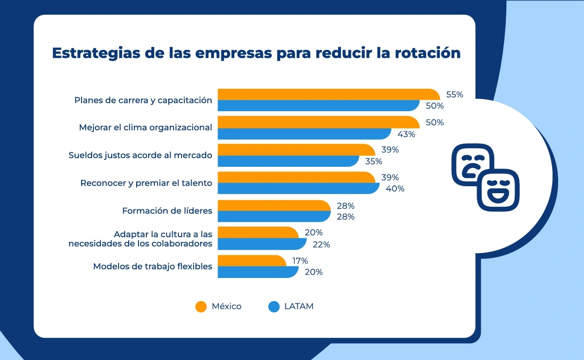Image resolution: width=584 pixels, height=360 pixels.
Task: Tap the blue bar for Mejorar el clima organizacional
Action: (303, 134)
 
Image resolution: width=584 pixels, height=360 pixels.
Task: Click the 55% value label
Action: (454, 95)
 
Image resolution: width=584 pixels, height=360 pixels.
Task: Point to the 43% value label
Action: (406, 134)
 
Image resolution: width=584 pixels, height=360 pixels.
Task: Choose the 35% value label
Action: (373, 162)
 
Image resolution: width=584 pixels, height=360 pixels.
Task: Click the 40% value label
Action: (395, 189)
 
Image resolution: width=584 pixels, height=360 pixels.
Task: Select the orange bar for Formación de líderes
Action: (273, 205)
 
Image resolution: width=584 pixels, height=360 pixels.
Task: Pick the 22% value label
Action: (320, 245)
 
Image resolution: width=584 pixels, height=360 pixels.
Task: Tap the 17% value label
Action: (300, 261)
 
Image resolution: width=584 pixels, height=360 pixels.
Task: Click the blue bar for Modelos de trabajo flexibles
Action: (257, 272)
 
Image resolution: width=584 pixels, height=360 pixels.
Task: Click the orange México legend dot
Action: (201, 306)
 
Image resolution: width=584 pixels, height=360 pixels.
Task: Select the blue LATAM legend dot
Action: (274, 306)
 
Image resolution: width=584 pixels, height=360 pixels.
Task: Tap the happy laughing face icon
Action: (498, 189)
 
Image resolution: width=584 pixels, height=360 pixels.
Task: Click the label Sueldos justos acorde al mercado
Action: (140, 155)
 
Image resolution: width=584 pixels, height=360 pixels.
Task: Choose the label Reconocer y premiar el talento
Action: (146, 183)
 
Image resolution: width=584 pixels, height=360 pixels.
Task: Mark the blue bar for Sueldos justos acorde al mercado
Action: (287, 161)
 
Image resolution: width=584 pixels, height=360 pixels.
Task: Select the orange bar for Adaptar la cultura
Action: (257, 232)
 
